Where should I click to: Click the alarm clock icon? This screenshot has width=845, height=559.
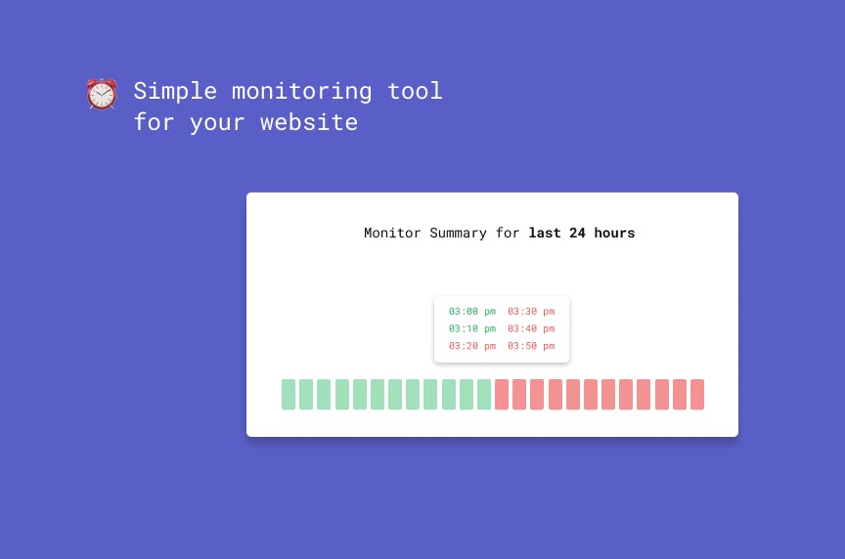coord(102,94)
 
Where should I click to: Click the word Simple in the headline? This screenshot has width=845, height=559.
coord(175,92)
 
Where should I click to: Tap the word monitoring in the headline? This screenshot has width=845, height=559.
coord(302,92)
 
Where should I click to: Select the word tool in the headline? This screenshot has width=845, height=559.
coord(415,91)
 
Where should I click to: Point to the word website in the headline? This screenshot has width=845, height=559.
coord(309,122)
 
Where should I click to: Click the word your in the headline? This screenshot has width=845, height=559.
coord(217,124)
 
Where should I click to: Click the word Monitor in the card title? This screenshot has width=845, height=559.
coord(392,233)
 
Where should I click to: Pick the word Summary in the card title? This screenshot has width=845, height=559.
coord(458,234)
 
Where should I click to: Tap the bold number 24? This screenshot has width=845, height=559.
coord(577,233)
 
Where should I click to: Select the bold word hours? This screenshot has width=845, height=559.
coord(614,233)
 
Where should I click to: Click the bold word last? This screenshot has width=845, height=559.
coord(545,233)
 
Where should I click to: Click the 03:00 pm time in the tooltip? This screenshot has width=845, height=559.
coord(472,312)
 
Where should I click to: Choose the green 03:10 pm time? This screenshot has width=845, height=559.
coord(472,328)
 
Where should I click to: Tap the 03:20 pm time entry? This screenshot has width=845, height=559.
coord(472,346)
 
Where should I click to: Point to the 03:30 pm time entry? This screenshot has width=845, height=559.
coord(531,312)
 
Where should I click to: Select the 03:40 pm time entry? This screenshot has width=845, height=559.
coord(531,328)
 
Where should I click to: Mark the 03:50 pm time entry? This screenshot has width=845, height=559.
coord(531,346)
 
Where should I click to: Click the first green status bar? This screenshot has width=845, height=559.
coord(289,394)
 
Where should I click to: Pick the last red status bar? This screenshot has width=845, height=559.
coord(697,394)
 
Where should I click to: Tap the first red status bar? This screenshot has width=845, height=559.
coord(502,394)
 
